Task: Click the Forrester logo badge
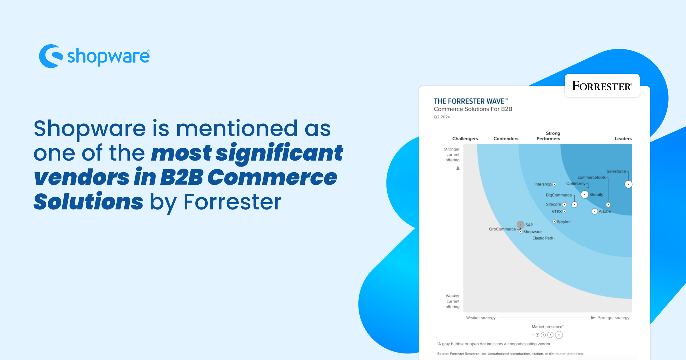tap(602, 86)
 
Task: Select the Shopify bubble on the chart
tap(585, 195)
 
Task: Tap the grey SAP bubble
tap(521, 225)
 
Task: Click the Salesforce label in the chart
tap(616, 171)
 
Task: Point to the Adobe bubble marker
tap(595, 211)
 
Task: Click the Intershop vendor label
tap(543, 184)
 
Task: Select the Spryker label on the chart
tap(564, 221)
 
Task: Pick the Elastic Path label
tap(543, 238)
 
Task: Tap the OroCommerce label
tap(502, 229)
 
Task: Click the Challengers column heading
tap(465, 139)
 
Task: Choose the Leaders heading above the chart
tap(623, 139)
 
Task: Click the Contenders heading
tap(506, 139)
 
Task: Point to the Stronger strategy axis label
tap(613, 318)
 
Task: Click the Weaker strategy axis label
tap(480, 318)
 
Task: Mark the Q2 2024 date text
tap(442, 117)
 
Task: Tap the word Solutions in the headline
tap(88, 202)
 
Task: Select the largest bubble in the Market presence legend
tap(559, 335)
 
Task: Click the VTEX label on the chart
tap(557, 211)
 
